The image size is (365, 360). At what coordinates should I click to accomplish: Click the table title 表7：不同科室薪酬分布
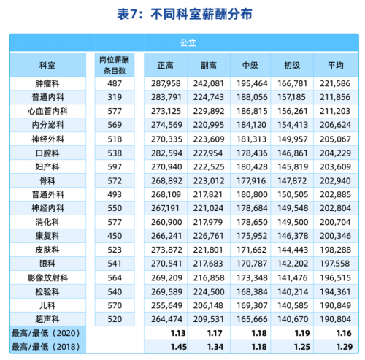pos(182,14)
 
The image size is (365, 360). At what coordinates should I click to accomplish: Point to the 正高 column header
pos(166,64)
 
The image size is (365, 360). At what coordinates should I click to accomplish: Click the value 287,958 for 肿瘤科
pos(166,84)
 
